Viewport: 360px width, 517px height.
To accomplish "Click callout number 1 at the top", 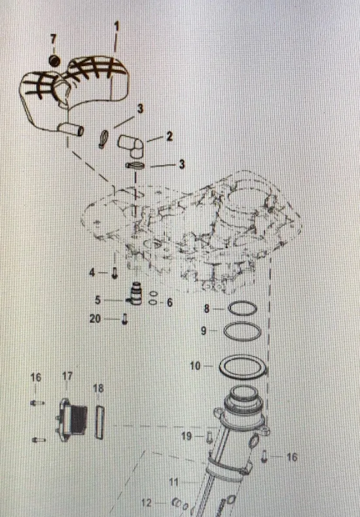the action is click(116, 27).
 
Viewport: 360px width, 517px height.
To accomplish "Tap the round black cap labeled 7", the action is click(54, 60).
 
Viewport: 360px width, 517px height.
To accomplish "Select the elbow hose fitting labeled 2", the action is click(131, 146).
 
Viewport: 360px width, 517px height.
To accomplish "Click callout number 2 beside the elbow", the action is click(169, 136).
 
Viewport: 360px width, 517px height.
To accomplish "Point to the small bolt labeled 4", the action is click(115, 273).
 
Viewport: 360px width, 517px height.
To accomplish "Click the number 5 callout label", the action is click(98, 300).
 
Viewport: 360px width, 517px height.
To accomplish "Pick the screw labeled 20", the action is click(124, 319).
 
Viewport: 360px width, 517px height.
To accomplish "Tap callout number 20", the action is click(95, 319).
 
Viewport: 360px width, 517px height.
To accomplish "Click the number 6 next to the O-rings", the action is click(170, 302).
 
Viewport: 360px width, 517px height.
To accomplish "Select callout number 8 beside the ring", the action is click(207, 309).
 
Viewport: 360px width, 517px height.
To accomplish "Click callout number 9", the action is click(204, 330).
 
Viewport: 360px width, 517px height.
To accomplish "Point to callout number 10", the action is click(195, 366).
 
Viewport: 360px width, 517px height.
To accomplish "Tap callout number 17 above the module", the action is click(67, 376).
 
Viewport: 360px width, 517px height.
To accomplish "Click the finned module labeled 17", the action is click(71, 419).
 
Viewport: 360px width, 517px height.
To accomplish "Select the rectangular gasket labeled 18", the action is click(100, 422).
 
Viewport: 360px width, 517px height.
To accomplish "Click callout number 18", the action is click(98, 389).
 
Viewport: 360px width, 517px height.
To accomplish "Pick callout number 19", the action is click(187, 436).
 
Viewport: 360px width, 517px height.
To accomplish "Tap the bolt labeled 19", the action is click(209, 437).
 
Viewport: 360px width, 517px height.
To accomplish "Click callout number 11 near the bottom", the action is click(173, 482).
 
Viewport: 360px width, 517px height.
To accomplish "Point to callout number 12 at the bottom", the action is click(147, 503).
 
